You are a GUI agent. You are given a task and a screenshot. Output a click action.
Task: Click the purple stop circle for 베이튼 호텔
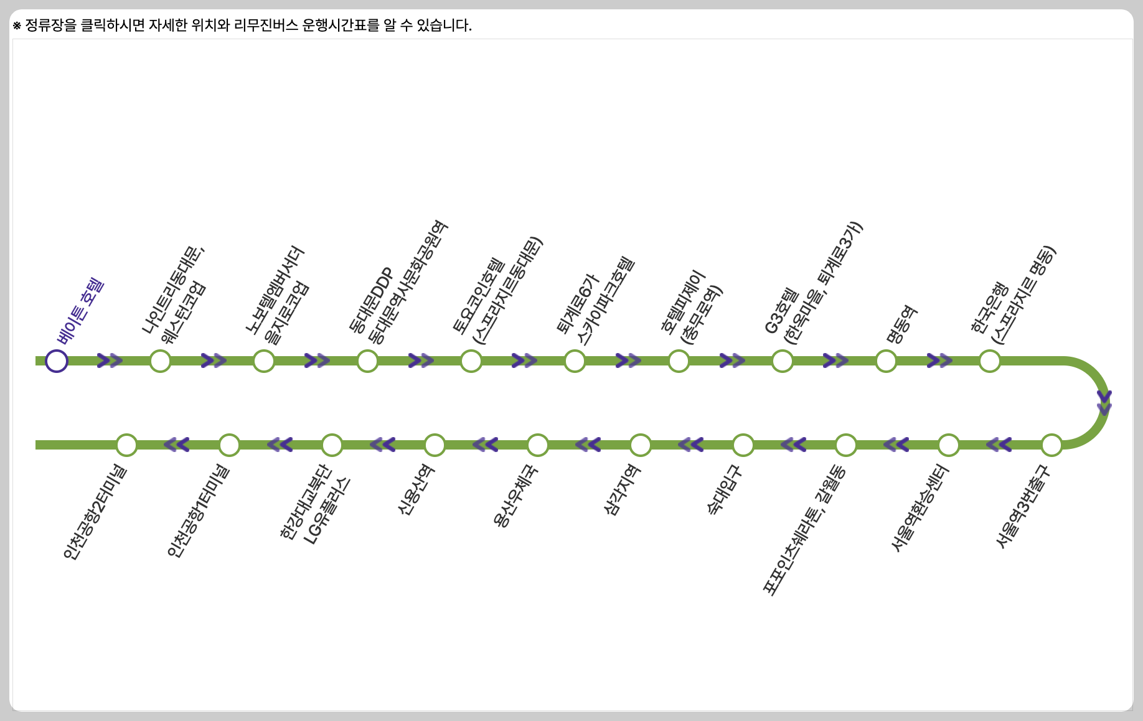tap(57, 361)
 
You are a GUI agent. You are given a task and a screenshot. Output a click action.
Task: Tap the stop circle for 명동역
tap(886, 361)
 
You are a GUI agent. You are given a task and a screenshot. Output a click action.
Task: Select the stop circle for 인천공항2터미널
tap(126, 445)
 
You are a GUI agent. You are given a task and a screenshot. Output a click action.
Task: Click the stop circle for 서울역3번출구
tap(1051, 445)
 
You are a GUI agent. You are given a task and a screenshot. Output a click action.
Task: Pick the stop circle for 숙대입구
tap(743, 445)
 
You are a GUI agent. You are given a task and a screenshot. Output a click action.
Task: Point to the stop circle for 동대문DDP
tap(367, 361)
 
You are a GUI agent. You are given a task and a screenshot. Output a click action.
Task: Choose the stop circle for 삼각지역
tap(641, 445)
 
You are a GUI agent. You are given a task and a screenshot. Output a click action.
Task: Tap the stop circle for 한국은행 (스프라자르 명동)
tap(990, 361)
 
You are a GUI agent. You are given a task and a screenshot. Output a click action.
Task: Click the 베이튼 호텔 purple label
tap(80, 311)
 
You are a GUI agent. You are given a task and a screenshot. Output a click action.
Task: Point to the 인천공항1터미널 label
tap(198, 511)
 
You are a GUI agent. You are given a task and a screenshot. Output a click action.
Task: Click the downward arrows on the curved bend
tap(1104, 403)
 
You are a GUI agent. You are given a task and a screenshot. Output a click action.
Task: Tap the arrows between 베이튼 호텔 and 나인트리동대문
tap(110, 361)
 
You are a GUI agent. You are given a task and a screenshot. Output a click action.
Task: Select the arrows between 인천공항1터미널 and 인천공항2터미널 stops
tap(177, 445)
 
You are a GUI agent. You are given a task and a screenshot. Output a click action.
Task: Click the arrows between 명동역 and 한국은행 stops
tap(939, 361)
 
